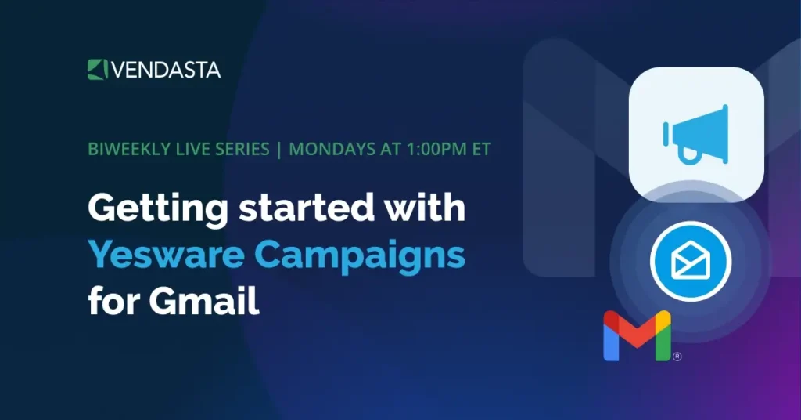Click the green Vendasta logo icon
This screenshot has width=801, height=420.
[96, 69]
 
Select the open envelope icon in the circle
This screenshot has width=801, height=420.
[690, 261]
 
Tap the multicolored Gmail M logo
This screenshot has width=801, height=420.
[637, 336]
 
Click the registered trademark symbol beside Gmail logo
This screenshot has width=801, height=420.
[677, 357]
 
